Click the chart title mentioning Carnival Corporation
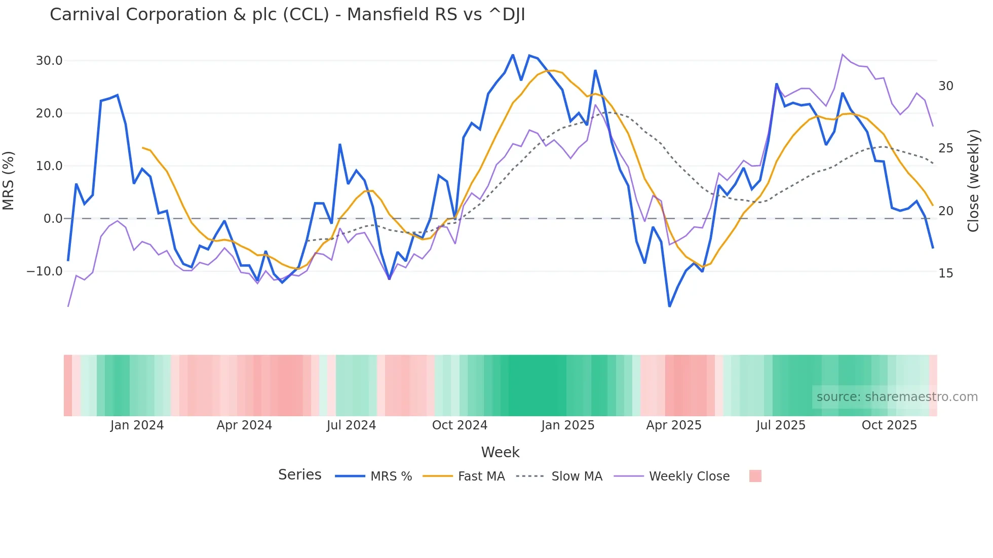tap(287, 15)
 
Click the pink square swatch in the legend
tap(755, 476)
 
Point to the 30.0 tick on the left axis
tap(49, 61)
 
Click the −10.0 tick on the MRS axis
tap(45, 271)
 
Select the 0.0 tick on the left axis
tap(53, 219)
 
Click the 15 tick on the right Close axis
tap(945, 273)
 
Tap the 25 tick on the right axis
tap(945, 148)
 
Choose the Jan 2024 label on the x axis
tap(137, 425)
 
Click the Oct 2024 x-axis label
tap(460, 425)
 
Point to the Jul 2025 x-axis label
tap(781, 425)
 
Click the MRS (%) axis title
tap(9, 180)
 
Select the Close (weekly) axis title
tap(973, 180)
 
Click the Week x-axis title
tap(500, 452)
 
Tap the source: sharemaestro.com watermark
tap(897, 397)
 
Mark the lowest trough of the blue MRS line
tap(669, 306)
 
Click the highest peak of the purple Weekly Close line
tap(843, 55)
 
